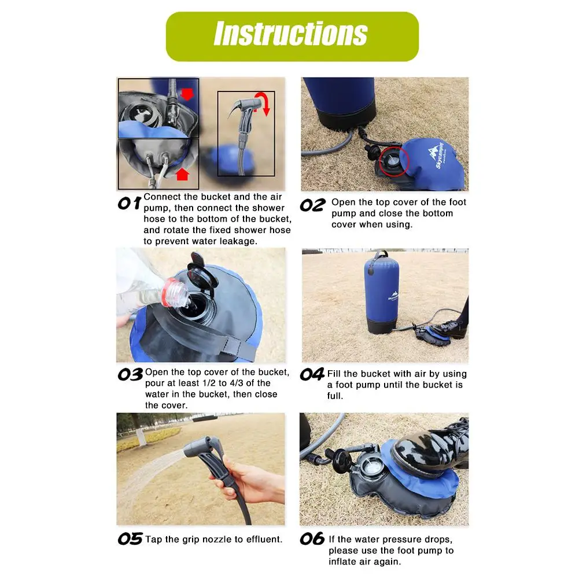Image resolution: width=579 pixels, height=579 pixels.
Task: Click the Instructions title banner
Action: [292, 36]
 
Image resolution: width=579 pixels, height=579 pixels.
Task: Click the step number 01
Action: [129, 203]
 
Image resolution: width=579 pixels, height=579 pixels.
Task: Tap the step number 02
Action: [312, 205]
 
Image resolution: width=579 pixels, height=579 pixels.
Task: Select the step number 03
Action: [130, 374]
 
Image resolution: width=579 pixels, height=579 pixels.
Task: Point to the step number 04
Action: [312, 374]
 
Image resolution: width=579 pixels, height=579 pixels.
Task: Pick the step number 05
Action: [130, 539]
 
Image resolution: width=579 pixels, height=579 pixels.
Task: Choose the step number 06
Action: [312, 539]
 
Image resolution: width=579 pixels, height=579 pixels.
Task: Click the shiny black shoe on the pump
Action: [429, 447]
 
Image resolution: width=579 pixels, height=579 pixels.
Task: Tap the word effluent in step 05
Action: [264, 539]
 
